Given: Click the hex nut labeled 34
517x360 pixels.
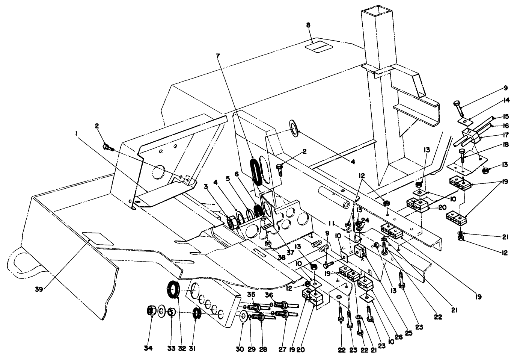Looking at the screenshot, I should pos(151,311).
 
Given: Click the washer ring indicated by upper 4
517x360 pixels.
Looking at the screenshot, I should pos(293,127).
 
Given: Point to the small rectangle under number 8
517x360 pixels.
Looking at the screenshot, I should pos(318,47).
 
